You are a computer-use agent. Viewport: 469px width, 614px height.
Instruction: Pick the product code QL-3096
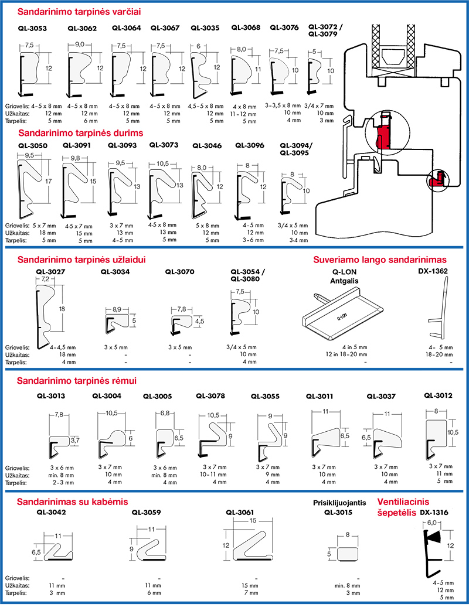tap(249, 145)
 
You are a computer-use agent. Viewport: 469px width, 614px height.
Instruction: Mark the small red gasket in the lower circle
tap(434, 180)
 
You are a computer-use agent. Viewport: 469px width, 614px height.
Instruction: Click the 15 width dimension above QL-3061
tap(252, 521)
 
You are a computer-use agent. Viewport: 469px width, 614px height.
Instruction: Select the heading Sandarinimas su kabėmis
tap(72, 502)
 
